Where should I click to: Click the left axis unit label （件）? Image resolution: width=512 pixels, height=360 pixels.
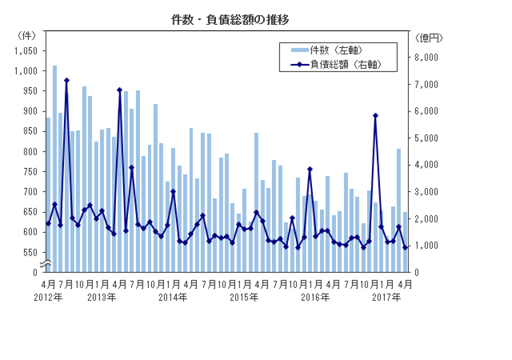coord(26,35)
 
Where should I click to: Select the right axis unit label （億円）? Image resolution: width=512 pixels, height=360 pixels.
coord(430,36)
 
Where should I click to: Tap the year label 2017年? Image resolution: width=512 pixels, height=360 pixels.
coord(388,297)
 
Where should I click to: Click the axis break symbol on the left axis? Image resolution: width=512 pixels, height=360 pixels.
coord(47,263)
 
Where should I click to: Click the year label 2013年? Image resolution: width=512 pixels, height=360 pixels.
coord(102,297)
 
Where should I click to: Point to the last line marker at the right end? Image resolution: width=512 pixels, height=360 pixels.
coord(406,247)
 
